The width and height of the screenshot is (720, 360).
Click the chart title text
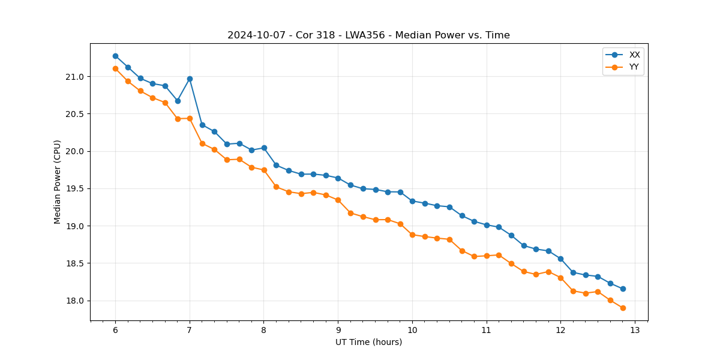click(x=368, y=35)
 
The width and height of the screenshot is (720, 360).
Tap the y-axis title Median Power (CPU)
click(x=58, y=182)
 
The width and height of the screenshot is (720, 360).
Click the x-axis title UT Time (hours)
click(x=368, y=342)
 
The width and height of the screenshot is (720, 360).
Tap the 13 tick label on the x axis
click(x=635, y=330)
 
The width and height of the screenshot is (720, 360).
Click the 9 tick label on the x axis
click(x=338, y=330)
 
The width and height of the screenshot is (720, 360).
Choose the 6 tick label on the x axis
click(x=115, y=330)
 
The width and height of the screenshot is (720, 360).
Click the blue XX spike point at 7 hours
click(x=190, y=79)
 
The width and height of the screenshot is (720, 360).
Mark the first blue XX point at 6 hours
click(x=115, y=56)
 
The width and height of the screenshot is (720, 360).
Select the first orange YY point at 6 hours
click(x=115, y=68)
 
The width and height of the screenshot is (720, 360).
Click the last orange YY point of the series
click(x=623, y=308)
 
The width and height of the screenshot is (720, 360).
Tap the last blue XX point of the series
click(x=623, y=289)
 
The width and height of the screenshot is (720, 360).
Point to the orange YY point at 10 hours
click(x=412, y=235)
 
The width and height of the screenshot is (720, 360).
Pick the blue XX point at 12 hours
click(x=560, y=259)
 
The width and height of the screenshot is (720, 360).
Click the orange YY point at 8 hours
click(x=264, y=170)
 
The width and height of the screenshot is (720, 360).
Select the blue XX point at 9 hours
click(x=338, y=178)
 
